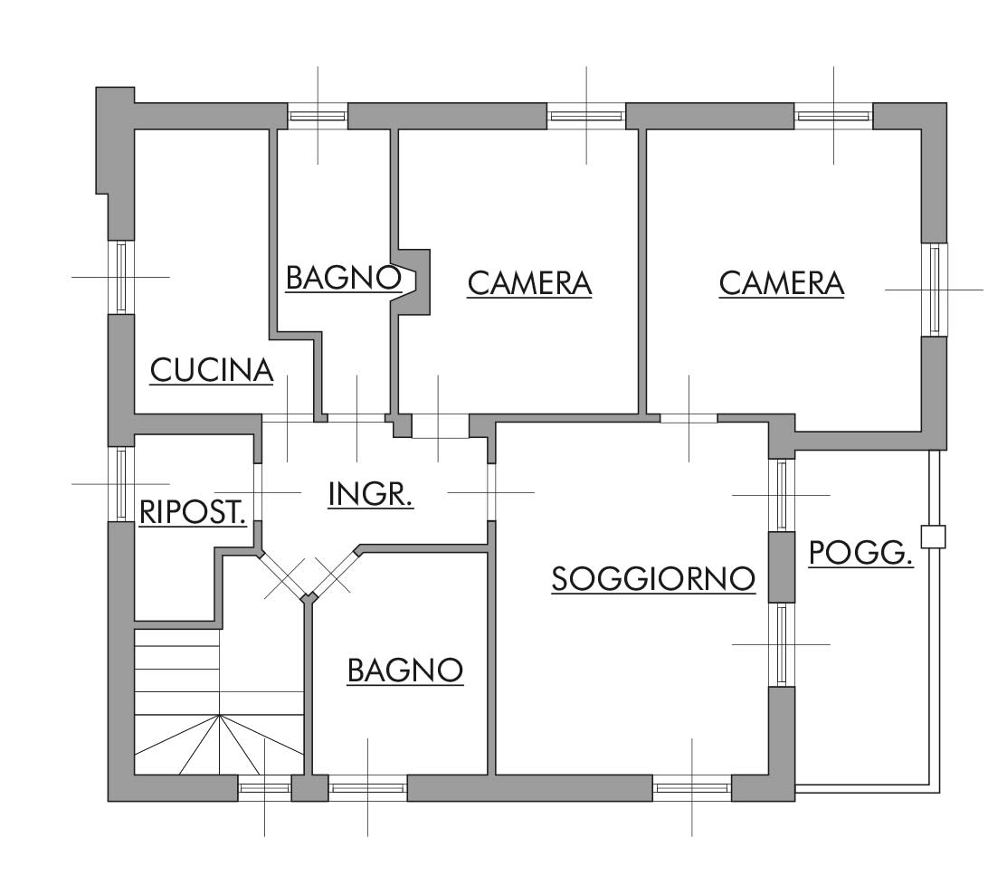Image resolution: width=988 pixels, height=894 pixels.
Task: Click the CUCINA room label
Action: point(212,370)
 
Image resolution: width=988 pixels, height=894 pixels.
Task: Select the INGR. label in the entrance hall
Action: point(371,494)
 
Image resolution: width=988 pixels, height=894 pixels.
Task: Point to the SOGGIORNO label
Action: point(653,579)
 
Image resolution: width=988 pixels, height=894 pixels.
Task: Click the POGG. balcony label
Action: point(860,553)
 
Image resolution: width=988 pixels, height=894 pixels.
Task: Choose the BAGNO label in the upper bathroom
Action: point(344,278)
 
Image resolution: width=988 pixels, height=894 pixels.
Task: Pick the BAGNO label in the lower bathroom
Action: point(405,670)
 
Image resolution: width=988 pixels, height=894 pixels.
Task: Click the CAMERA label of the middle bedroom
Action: point(529,283)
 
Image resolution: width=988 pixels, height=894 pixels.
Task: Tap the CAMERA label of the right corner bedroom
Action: point(782,283)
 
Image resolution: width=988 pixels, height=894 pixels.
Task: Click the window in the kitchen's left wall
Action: point(121,277)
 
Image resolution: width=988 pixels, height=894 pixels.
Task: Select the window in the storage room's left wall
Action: point(121,484)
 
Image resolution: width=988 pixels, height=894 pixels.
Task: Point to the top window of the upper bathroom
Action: point(318,116)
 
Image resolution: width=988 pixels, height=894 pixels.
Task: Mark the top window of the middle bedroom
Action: point(586,116)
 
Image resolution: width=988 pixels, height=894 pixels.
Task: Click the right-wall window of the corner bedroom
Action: point(935,290)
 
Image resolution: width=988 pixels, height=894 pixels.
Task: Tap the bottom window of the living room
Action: point(692,788)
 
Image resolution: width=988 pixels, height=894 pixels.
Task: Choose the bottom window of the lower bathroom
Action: point(368,788)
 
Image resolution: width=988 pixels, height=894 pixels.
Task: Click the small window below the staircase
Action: point(264,788)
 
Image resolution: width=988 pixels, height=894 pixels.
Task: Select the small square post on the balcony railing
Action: point(933,537)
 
